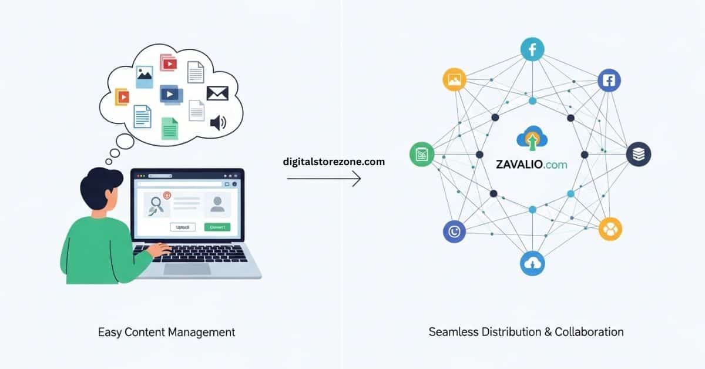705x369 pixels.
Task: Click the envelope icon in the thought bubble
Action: pos(217,93)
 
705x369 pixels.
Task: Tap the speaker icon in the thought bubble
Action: pos(218,122)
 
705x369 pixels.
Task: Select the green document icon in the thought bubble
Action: pos(170,128)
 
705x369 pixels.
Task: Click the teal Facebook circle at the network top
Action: pos(532,50)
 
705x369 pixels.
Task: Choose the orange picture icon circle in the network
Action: pos(454,80)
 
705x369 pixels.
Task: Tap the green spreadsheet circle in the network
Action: pos(421,155)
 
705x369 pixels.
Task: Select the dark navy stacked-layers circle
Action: pos(638,155)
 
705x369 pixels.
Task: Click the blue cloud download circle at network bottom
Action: pos(532,264)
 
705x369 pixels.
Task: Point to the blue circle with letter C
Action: pos(454,232)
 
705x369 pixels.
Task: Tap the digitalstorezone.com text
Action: pos(334,162)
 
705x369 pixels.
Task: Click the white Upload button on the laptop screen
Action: pos(182,227)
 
